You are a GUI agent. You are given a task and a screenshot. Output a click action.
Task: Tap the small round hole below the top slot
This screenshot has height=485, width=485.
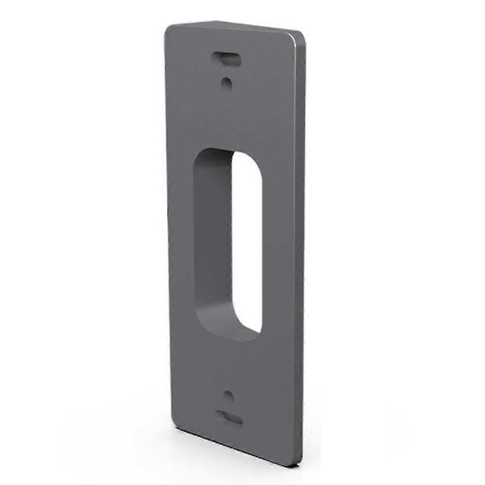click(x=226, y=82)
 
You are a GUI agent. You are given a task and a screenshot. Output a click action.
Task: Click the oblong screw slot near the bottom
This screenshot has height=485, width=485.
click(x=229, y=418)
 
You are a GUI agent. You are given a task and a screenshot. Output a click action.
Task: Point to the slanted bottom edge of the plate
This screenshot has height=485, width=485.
click(x=233, y=444)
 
